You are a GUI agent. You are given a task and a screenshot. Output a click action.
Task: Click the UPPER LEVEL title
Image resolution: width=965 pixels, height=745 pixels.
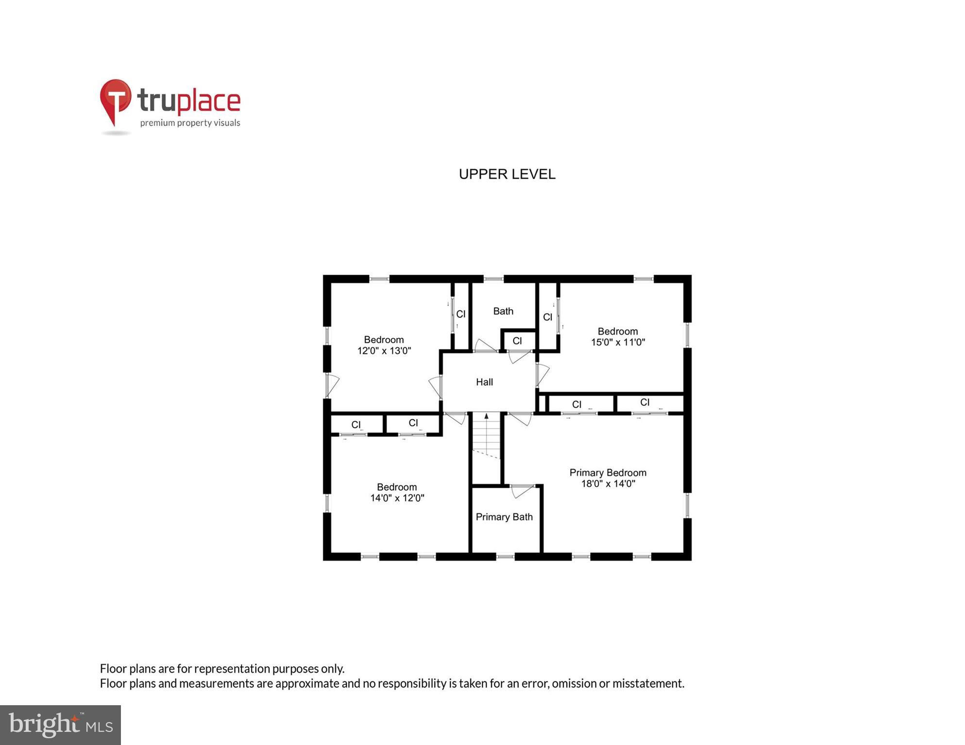pos(507,174)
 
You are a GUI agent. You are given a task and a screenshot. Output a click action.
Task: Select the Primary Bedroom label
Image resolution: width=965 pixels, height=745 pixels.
pos(608,473)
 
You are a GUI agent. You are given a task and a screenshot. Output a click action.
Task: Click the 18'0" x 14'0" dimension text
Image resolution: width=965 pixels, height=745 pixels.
pos(608,484)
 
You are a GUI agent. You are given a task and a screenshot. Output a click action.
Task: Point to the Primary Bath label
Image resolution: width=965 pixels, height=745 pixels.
pos(504,517)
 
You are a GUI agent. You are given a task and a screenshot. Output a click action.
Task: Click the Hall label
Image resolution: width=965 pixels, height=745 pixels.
pos(484,382)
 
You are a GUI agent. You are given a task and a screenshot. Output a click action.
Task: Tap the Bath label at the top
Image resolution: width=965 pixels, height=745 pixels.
pos(503,312)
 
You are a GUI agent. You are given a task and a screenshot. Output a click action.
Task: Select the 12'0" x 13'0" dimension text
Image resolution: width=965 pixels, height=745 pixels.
pos(384,351)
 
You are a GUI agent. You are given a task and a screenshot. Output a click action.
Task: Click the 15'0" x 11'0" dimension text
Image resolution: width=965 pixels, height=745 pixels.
pos(618,342)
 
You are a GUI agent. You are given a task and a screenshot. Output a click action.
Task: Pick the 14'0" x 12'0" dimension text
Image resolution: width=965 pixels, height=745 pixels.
pos(397,498)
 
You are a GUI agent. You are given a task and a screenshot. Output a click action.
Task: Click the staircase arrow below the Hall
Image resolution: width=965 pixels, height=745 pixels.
pos(486,417)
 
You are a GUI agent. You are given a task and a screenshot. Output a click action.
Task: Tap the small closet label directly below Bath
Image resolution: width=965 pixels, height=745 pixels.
pos(517,341)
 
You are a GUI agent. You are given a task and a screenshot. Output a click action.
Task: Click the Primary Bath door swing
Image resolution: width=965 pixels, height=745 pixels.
pos(522,491)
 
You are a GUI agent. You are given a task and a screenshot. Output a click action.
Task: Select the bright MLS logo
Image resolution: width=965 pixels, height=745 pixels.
pos(61,725)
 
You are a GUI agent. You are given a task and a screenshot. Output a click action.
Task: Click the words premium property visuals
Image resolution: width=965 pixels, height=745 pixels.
pos(190,123)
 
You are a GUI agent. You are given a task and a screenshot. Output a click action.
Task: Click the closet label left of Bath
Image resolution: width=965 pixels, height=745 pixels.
pos(461,315)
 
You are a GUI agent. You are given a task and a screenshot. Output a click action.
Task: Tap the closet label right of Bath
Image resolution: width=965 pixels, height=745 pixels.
pos(548,317)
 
